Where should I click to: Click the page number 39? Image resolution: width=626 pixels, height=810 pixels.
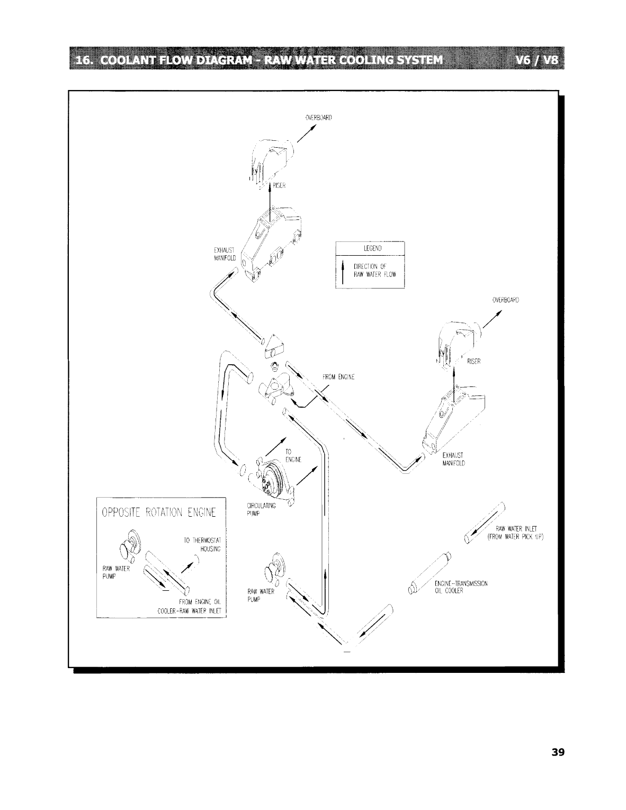pyautogui.click(x=558, y=752)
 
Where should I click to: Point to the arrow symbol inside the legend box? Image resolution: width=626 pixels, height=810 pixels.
pyautogui.click(x=343, y=272)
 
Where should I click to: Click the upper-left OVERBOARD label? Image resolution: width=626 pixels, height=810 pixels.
pyautogui.click(x=318, y=118)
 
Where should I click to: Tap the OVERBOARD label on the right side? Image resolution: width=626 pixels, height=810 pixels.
pyautogui.click(x=505, y=300)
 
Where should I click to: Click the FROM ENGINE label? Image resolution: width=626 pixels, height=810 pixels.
pyautogui.click(x=338, y=377)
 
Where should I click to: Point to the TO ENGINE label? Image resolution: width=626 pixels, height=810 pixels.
pyautogui.click(x=293, y=456)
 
